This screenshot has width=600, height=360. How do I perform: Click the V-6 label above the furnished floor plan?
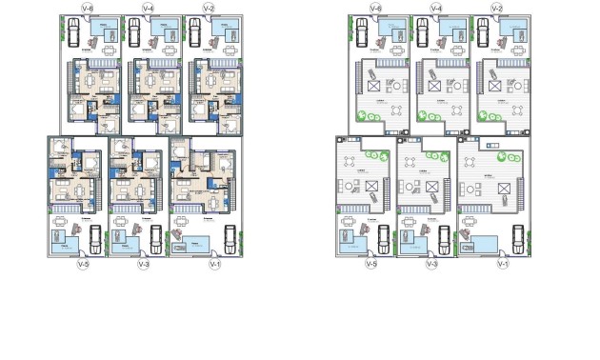(x=88, y=9)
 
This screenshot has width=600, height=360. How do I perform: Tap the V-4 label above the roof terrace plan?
(x=435, y=9)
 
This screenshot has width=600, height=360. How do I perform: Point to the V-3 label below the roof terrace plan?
(x=431, y=264)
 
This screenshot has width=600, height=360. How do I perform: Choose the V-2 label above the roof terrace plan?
(x=496, y=9)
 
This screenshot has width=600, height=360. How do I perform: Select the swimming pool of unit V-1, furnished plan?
(x=196, y=242)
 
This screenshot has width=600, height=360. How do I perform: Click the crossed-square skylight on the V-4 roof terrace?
(x=435, y=86)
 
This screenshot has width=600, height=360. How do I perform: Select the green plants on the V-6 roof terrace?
(x=367, y=117)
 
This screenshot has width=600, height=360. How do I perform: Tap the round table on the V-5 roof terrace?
(x=349, y=185)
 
